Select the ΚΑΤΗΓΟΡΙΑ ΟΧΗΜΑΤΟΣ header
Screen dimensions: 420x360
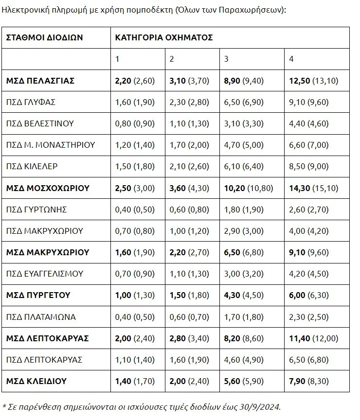pos(164,37)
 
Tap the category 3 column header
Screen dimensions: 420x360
pos(226,59)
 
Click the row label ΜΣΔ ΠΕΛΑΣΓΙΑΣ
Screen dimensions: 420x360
pos(40,81)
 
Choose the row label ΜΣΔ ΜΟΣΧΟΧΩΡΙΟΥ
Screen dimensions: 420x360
pos(48,188)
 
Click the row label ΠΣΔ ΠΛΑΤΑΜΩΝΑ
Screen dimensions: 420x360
pos(41,317)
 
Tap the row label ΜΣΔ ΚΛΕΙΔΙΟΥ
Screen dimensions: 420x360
pos(37,381)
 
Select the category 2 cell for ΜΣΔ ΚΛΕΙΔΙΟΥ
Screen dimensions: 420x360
pos(189,381)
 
